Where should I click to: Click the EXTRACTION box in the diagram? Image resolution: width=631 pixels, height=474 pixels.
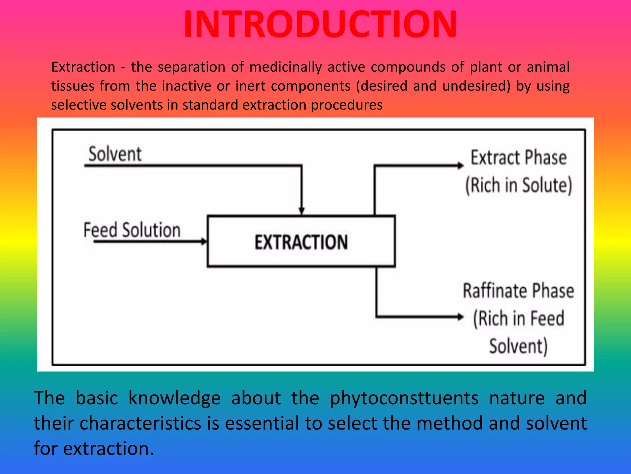point(301,241)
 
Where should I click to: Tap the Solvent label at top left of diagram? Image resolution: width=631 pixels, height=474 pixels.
point(115,154)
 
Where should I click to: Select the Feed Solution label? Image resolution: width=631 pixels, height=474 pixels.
point(132,230)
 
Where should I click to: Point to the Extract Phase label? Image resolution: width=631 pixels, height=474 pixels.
point(519,158)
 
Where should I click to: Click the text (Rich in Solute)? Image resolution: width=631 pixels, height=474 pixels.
point(519,185)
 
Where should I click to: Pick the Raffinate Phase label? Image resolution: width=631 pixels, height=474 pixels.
point(519,291)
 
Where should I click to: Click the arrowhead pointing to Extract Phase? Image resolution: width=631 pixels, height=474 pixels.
point(460,166)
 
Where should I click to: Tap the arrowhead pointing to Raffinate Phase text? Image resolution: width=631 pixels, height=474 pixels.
point(460,317)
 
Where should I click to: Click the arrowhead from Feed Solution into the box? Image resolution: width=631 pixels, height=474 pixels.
point(204,241)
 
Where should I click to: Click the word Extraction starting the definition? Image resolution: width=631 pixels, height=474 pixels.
point(83,67)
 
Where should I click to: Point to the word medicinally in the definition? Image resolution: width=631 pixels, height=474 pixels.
point(286,67)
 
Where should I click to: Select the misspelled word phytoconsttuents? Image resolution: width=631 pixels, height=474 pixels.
point(404,398)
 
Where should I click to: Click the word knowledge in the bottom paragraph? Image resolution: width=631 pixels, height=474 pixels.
point(174,398)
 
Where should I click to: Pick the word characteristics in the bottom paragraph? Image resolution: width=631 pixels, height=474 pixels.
point(140,423)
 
